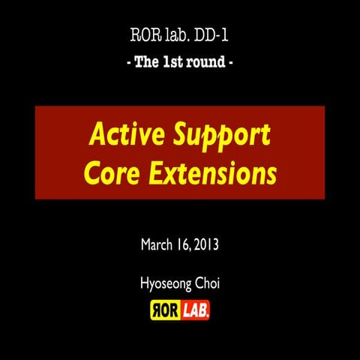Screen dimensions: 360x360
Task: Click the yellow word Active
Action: (x=126, y=136)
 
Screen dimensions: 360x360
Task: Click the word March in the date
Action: (x=157, y=244)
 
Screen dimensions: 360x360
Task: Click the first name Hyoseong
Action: (x=164, y=286)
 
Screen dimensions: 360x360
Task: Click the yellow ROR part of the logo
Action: (x=166, y=309)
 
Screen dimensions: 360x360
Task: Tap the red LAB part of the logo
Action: (x=194, y=309)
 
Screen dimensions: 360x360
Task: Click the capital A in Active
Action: (x=97, y=136)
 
